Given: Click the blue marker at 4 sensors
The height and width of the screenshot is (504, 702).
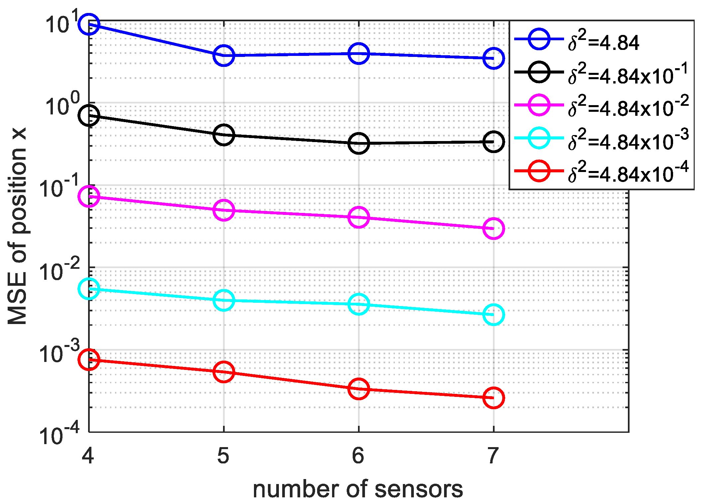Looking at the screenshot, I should click(x=88, y=24).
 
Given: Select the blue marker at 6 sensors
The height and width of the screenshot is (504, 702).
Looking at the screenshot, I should click(x=359, y=53).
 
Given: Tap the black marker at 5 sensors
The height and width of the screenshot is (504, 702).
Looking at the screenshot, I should click(x=224, y=135).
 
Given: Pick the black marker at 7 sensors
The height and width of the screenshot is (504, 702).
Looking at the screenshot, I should click(x=494, y=142).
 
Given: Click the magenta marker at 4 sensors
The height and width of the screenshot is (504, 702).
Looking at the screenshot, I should click(x=88, y=196).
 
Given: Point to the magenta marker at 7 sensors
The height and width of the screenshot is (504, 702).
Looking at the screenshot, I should click(x=494, y=228).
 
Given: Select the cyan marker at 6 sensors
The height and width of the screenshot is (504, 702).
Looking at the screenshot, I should click(x=359, y=304).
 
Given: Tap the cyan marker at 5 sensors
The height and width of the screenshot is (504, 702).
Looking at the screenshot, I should click(x=224, y=300).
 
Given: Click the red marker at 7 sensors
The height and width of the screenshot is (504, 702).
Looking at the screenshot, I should click(x=494, y=398).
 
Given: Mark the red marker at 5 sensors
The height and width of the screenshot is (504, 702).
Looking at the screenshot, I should click(x=224, y=372).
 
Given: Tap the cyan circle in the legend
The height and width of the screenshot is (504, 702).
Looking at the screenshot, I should click(x=539, y=138).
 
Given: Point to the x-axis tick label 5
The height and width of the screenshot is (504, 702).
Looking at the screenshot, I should click(x=223, y=455).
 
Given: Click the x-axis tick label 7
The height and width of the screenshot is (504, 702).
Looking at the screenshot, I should click(x=493, y=455).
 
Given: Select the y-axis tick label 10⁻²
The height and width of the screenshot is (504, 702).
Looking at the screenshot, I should click(x=59, y=270).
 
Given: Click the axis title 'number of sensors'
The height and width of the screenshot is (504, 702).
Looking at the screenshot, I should click(x=358, y=489).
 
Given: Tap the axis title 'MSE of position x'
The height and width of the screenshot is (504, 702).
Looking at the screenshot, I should click(x=17, y=226).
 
